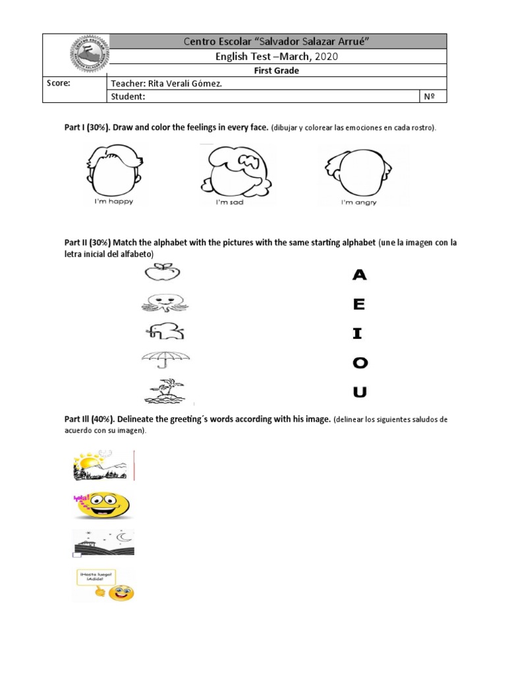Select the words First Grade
click(277, 71)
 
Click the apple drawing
click(162, 272)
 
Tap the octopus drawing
click(165, 302)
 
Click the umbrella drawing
click(165, 361)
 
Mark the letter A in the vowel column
click(360, 275)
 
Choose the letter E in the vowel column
click(359, 305)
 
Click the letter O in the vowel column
click(360, 363)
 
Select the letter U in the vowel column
click(360, 393)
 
